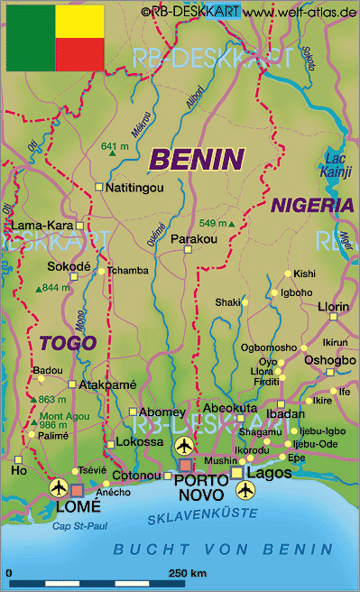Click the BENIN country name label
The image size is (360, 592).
[197, 160]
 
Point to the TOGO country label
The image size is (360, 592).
[67, 343]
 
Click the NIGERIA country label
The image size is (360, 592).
[311, 205]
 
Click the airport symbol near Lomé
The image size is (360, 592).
[60, 487]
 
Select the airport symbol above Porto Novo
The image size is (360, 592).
[185, 446]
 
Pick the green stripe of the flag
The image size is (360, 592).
[31, 38]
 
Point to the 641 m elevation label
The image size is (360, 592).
[115, 146]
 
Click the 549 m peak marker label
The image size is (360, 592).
[213, 224]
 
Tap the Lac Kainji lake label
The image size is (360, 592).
[336, 166]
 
